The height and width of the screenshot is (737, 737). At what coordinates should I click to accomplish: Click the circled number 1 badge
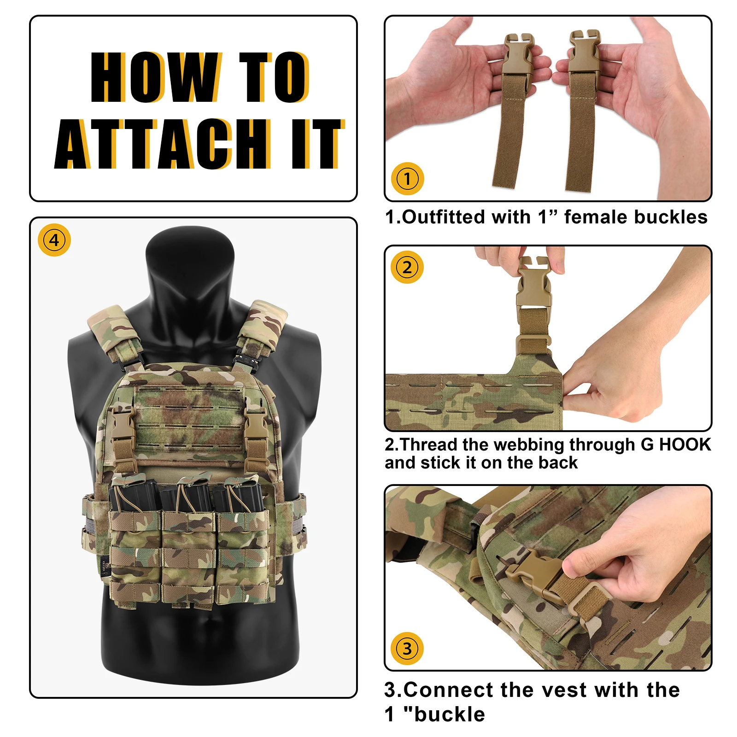pyautogui.click(x=407, y=179)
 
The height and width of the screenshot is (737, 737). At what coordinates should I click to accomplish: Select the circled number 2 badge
pyautogui.click(x=407, y=268)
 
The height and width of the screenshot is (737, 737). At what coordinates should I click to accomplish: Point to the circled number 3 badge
pyautogui.click(x=407, y=649)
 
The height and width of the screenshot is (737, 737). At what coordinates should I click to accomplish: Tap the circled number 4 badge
pyautogui.click(x=54, y=240)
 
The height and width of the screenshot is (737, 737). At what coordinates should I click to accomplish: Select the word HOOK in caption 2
pyautogui.click(x=685, y=445)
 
